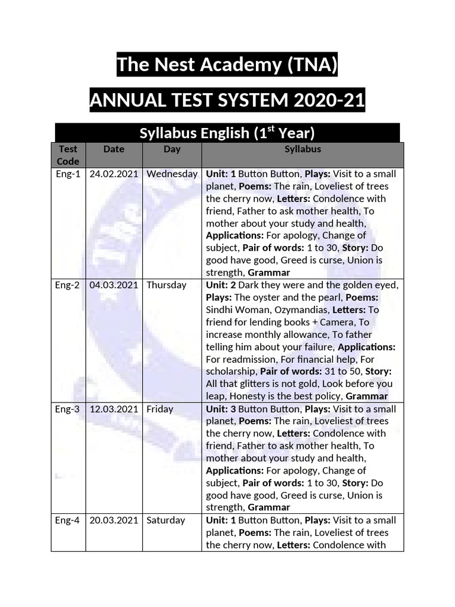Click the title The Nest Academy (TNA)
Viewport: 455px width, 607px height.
[227, 65]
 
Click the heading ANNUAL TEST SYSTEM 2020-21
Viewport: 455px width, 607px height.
[227, 101]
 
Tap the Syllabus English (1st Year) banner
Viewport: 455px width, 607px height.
[227, 133]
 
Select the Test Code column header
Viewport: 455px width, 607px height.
[68, 155]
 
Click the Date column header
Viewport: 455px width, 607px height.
[114, 149]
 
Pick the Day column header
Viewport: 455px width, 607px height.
[172, 149]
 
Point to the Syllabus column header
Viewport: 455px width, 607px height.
[302, 149]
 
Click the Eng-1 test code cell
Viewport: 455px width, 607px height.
[68, 174]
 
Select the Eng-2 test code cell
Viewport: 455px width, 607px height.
[68, 285]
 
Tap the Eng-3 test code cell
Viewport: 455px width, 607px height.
[68, 409]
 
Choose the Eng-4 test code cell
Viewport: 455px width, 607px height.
[68, 520]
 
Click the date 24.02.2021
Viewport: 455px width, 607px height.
[114, 174]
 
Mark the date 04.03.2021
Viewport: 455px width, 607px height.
[114, 285]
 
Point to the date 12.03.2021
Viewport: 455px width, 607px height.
[114, 409]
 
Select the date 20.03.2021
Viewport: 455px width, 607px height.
[114, 520]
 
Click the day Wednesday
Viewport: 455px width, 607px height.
[172, 174]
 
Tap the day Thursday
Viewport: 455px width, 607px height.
[166, 285]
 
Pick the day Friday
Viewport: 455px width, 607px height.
[160, 409]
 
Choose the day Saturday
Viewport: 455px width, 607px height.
[166, 520]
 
